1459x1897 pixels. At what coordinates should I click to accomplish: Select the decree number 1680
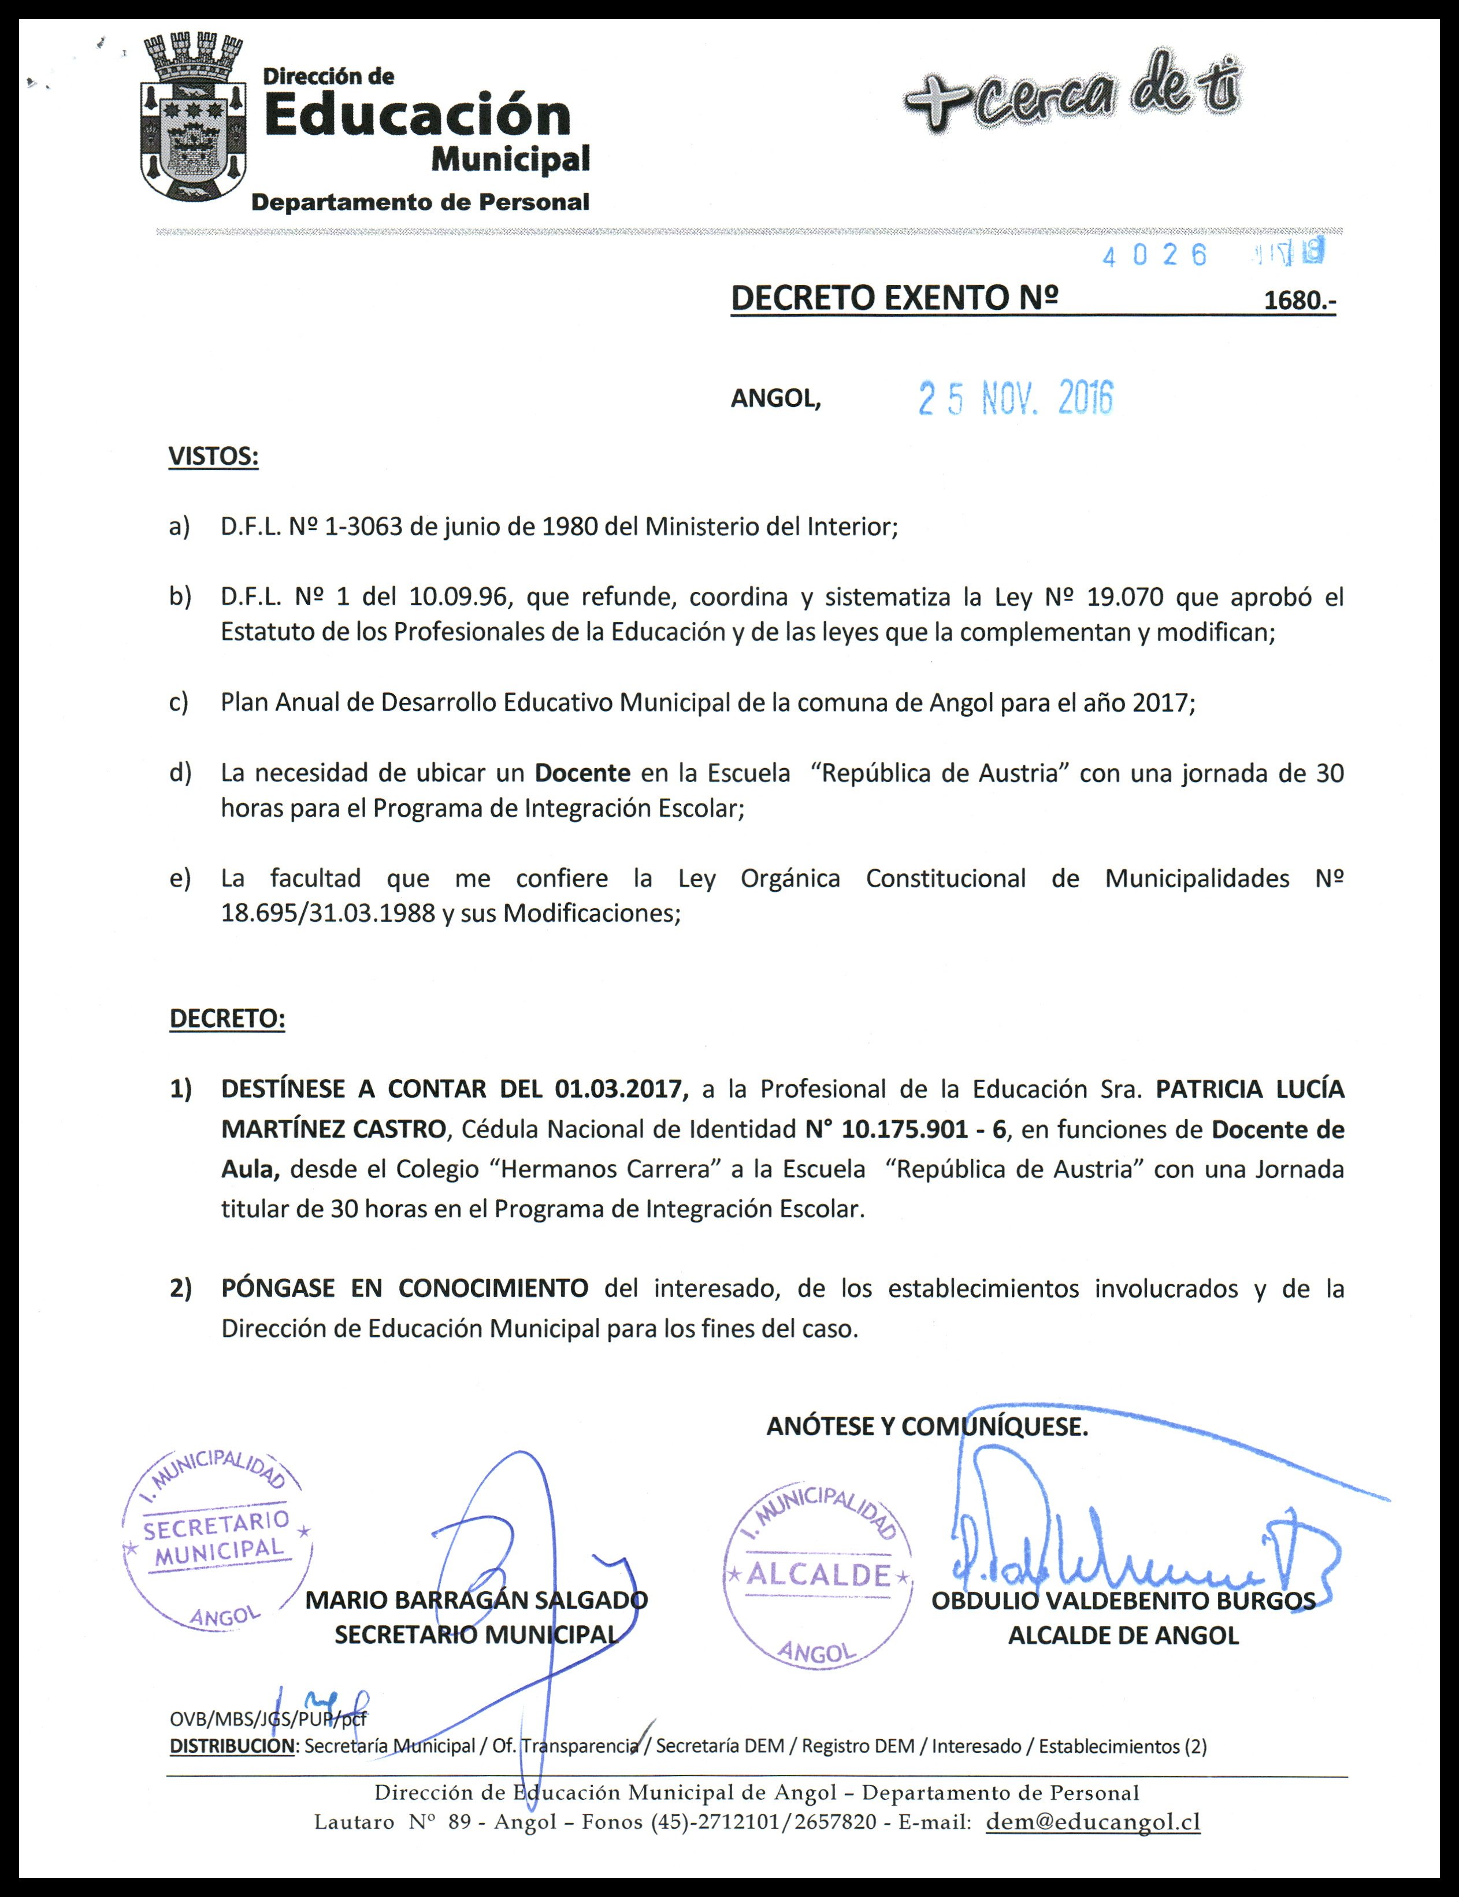(1298, 301)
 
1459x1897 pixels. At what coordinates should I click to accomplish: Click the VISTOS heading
(213, 457)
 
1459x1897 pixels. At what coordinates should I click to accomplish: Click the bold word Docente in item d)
(582, 773)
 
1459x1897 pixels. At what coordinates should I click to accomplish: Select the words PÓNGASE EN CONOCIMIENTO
(404, 1288)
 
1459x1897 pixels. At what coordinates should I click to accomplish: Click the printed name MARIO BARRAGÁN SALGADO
(476, 1600)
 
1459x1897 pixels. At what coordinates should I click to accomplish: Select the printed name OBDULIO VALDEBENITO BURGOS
(1123, 1601)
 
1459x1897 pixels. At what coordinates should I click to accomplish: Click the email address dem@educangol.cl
(1093, 1821)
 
